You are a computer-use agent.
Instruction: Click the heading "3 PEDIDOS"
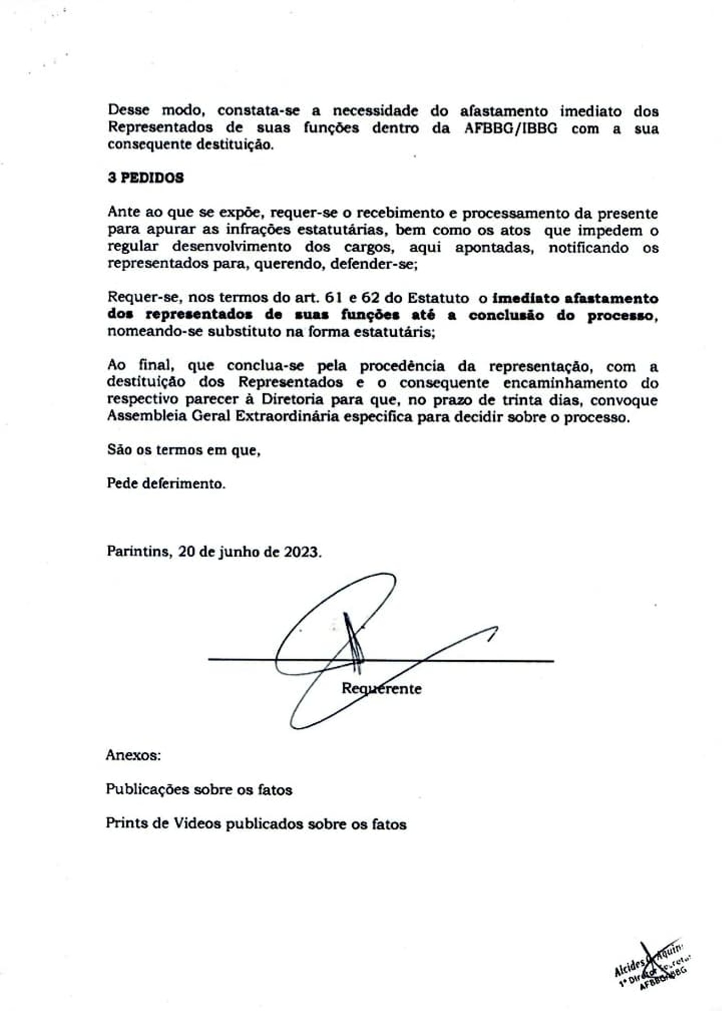[146, 178]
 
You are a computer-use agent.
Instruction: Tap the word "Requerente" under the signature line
[381, 688]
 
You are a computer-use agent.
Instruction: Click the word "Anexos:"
[133, 755]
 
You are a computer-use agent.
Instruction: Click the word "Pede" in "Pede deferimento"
[122, 483]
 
